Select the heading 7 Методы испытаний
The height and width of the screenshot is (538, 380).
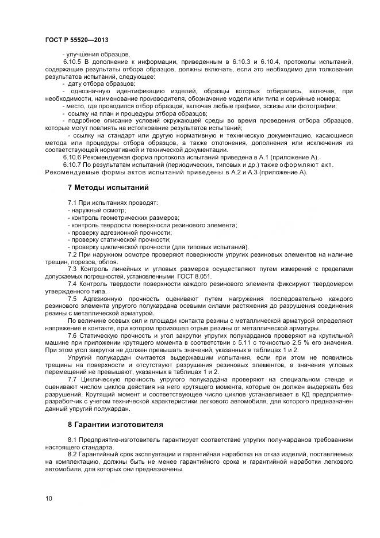(x=108, y=187)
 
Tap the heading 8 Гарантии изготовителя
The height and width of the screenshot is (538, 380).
(x=115, y=425)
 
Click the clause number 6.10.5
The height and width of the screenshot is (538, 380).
(x=73, y=61)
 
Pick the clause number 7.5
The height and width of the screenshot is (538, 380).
(x=73, y=299)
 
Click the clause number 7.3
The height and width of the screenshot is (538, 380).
(x=73, y=269)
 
